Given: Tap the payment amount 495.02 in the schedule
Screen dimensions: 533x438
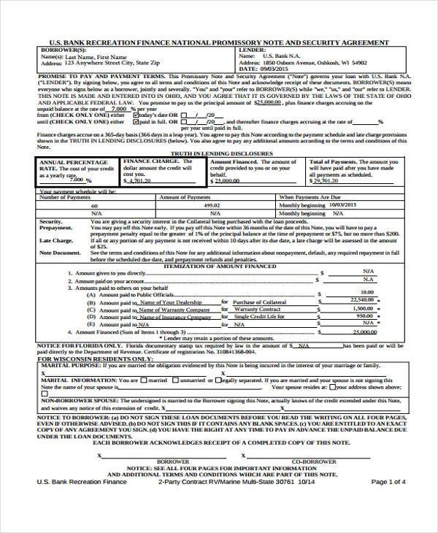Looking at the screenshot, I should point(212,206).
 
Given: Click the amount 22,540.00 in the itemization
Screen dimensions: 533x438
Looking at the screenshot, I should point(362,299).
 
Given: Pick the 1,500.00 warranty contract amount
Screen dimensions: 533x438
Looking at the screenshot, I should point(364,308).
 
